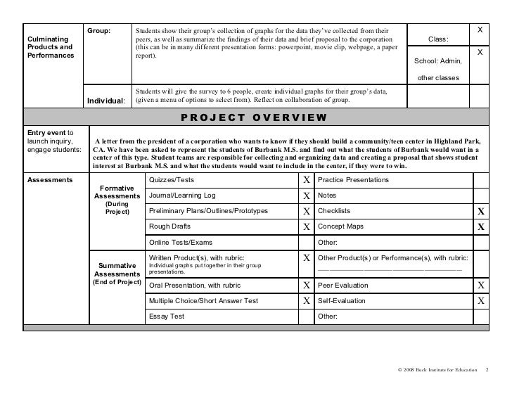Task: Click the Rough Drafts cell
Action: point(169,226)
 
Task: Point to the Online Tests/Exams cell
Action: point(181,242)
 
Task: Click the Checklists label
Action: point(334,211)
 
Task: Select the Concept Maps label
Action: point(341,226)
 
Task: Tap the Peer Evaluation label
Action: point(343,286)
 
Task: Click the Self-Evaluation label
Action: point(341,301)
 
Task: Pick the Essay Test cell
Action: point(166,317)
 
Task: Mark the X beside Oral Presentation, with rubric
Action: point(306,286)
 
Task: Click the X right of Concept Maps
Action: point(480,227)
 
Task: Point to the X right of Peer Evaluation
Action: point(480,286)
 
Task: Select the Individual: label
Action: point(106,101)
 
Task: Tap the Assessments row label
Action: point(49,180)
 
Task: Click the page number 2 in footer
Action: point(487,370)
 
